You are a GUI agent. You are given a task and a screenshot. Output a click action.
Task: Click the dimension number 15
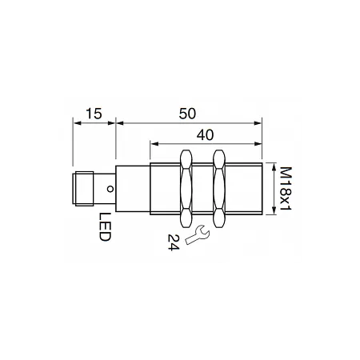[94, 114]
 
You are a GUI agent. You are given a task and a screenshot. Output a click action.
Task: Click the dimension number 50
[187, 114]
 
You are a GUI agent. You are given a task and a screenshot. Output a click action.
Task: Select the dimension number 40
[205, 135]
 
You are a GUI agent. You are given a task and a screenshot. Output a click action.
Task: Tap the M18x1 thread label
[286, 189]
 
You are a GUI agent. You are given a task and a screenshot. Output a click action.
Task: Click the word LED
[105, 227]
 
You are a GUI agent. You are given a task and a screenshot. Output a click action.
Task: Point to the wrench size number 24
[174, 242]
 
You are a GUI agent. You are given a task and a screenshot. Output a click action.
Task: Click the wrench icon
[198, 234]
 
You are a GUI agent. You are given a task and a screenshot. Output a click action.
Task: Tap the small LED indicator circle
[110, 189]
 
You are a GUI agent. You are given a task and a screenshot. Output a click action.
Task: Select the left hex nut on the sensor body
[186, 189]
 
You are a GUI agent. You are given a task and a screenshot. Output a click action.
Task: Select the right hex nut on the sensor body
[219, 189]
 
